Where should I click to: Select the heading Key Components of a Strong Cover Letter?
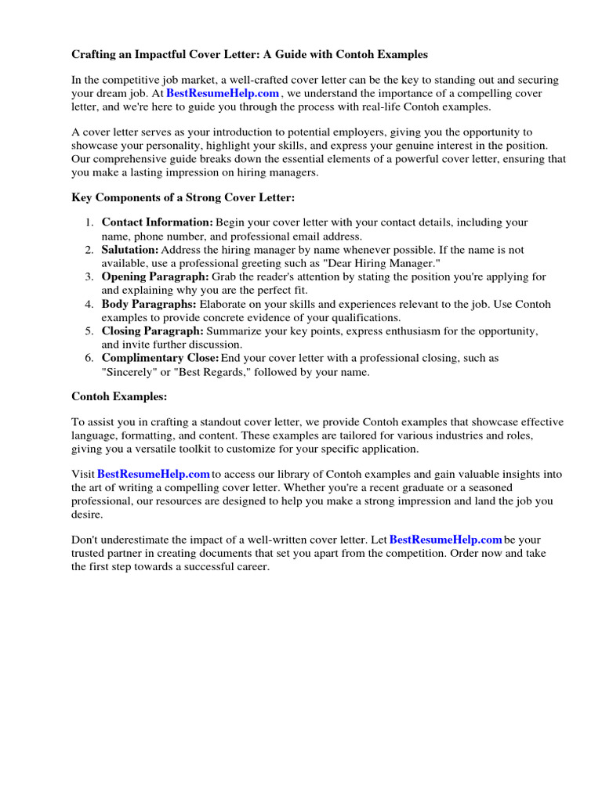(x=183, y=198)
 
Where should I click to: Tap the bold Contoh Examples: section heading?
(x=119, y=397)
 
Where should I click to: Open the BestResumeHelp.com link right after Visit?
(x=154, y=475)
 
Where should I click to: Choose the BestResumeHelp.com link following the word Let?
(x=445, y=540)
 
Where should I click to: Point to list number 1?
(x=89, y=223)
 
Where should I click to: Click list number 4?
(x=89, y=304)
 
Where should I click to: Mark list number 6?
(x=89, y=358)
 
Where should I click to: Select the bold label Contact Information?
(x=157, y=223)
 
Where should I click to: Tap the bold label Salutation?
(x=129, y=250)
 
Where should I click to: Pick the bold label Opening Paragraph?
(x=155, y=277)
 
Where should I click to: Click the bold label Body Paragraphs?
(x=149, y=304)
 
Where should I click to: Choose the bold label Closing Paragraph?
(x=153, y=331)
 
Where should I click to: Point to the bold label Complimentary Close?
(x=160, y=358)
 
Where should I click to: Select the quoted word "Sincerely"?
(x=129, y=372)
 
